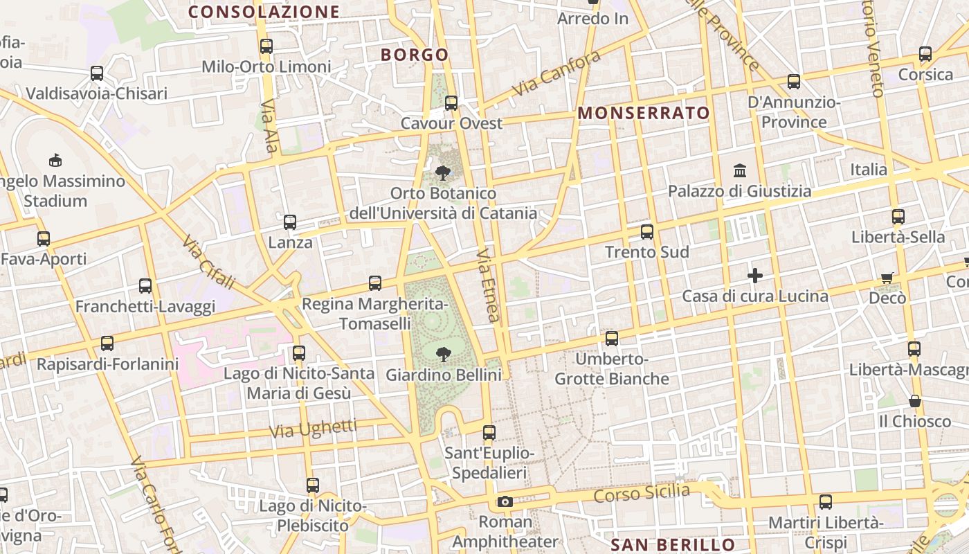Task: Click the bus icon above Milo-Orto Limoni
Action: (266, 46)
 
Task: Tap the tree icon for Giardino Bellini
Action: (443, 355)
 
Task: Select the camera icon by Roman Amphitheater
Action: (505, 501)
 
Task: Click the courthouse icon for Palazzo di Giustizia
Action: (740, 170)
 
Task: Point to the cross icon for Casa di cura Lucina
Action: (755, 276)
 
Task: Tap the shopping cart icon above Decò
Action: (887, 278)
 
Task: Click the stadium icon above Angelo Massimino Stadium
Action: (55, 161)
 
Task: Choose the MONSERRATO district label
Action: (644, 114)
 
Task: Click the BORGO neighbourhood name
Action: (415, 55)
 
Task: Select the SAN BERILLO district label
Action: (672, 544)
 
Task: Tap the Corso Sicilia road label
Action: (642, 494)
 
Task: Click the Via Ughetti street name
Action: (313, 428)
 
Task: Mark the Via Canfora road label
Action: (556, 74)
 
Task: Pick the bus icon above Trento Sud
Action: (647, 232)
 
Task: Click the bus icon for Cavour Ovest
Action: (451, 103)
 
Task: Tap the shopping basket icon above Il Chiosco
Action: (915, 401)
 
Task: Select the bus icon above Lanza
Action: (290, 222)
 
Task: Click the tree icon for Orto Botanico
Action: (443, 172)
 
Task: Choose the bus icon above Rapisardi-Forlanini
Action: (107, 343)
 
